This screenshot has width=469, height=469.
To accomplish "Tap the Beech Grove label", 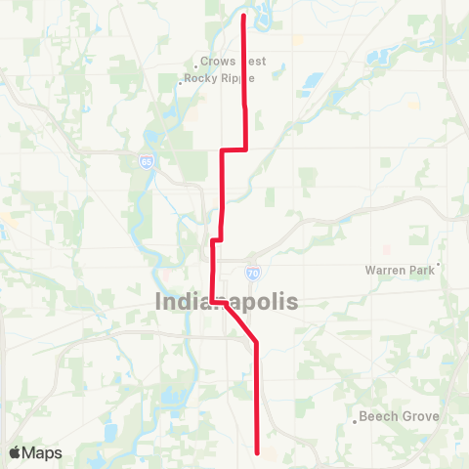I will pyautogui.click(x=400, y=416).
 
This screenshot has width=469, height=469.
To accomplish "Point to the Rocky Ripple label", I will pyautogui.click(x=220, y=80).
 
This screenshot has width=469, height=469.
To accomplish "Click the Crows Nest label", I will pyautogui.click(x=232, y=62).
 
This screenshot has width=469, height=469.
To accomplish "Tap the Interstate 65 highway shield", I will pyautogui.click(x=147, y=163).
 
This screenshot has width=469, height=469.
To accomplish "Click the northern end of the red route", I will pyautogui.click(x=242, y=15).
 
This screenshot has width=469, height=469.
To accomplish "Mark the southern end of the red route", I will pyautogui.click(x=257, y=452).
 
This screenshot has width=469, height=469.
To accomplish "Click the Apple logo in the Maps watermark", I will pyautogui.click(x=16, y=452).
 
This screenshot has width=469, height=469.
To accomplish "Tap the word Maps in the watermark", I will pyautogui.click(x=42, y=452).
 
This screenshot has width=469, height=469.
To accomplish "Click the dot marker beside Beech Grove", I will pyautogui.click(x=354, y=422).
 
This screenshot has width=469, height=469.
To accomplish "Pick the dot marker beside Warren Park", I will pyautogui.click(x=439, y=263).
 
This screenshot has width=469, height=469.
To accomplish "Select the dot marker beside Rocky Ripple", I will pyautogui.click(x=181, y=83).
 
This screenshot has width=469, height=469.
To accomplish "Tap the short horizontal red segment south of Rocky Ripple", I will pyautogui.click(x=234, y=149).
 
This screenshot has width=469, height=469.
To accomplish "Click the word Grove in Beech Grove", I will pyautogui.click(x=420, y=416).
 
